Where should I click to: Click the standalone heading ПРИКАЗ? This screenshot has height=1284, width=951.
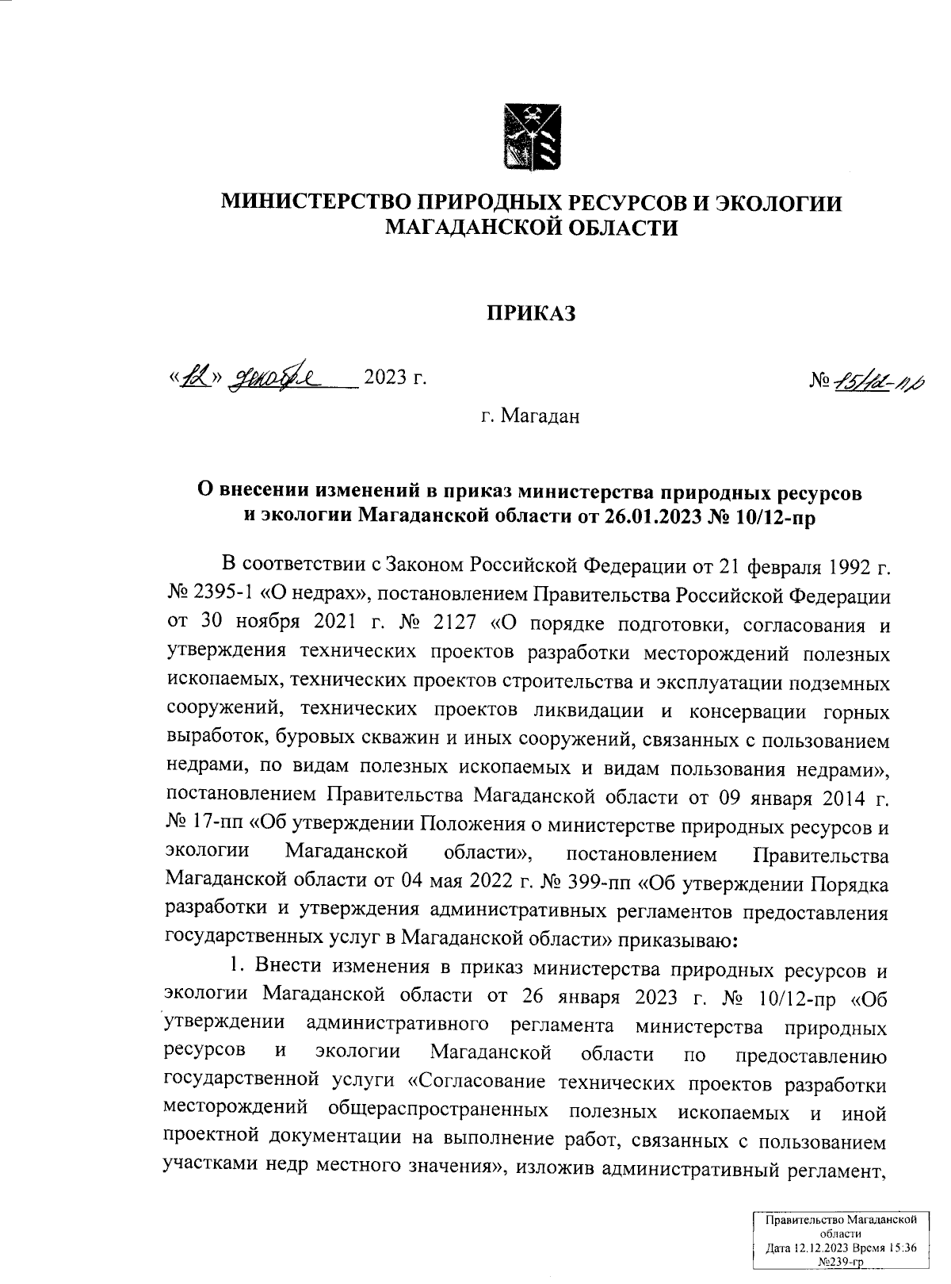click(529, 314)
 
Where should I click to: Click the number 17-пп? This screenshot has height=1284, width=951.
click(216, 826)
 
